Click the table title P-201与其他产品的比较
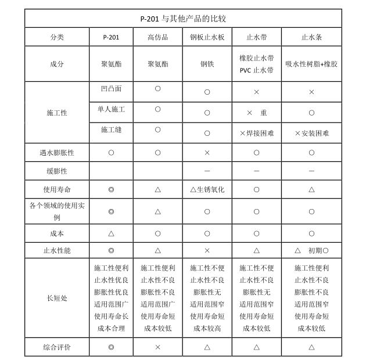pyautogui.click(x=182, y=19)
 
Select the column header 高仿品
pyautogui.click(x=157, y=37)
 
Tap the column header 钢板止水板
pyautogui.click(x=207, y=37)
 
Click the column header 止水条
pyautogui.click(x=311, y=37)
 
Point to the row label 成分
pyautogui.click(x=56, y=64)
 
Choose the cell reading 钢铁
pyautogui.click(x=207, y=64)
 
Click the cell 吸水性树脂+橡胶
pyautogui.click(x=311, y=64)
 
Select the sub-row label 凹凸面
pyautogui.click(x=111, y=89)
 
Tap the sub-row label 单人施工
pyautogui.click(x=111, y=109)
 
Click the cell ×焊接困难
pyautogui.click(x=256, y=133)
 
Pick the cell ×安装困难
pyautogui.click(x=311, y=133)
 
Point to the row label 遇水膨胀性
pyautogui.click(x=56, y=153)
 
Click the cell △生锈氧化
pyautogui.click(x=207, y=190)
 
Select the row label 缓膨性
pyautogui.click(x=56, y=171)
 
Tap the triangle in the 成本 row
pyautogui.click(x=111, y=233)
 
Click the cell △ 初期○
pyautogui.click(x=311, y=250)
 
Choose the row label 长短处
pyautogui.click(x=56, y=298)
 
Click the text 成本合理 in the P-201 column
pyautogui.click(x=111, y=328)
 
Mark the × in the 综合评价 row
pyautogui.click(x=157, y=347)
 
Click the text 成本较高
pyautogui.click(x=207, y=328)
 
